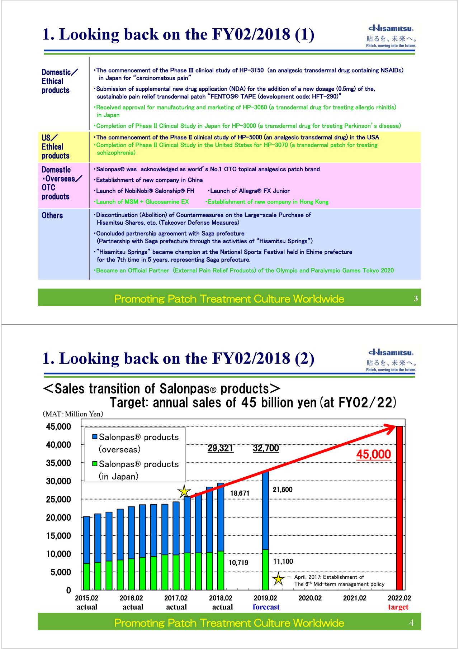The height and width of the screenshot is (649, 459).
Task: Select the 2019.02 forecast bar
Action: pos(265,530)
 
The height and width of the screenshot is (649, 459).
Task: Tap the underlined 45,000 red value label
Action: pos(373,454)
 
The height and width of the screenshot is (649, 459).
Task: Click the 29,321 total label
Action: pos(220,448)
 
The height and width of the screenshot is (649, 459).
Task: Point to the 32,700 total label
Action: pos(266,448)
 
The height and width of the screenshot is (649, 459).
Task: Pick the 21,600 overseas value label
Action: pos(283,490)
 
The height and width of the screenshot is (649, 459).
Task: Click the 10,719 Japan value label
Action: pos(238,563)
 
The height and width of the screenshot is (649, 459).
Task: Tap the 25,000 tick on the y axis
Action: pos(58,499)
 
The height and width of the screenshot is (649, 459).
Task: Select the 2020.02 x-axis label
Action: pos(310,598)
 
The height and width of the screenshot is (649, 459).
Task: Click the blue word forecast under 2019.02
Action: pos(266,607)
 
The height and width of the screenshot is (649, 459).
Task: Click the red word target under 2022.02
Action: pos(398,607)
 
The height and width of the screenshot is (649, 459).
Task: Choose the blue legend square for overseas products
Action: pos(95,437)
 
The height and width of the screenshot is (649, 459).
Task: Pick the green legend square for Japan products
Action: pos(95,464)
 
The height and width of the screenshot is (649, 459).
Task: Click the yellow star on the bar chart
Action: pos(184,491)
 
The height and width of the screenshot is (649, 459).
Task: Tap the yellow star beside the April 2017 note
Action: pos(278,579)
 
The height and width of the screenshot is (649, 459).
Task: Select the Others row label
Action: pos(52,215)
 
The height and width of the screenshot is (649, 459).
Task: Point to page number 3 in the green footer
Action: pos(416,299)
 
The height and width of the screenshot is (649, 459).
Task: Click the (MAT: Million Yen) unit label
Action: pos(73,414)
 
